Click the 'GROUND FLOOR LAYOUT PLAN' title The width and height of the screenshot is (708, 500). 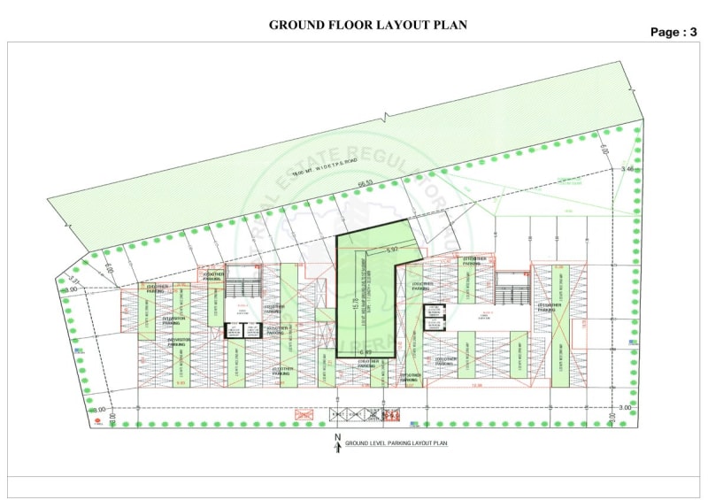point(368,25)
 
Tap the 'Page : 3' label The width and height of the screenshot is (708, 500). point(673,32)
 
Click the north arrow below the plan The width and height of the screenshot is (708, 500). point(337,444)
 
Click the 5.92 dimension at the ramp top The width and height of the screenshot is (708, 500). point(392,250)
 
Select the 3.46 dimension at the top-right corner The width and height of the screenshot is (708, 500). point(627,168)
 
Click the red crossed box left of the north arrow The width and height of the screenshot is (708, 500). point(304,413)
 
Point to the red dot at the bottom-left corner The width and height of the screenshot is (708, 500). point(98,424)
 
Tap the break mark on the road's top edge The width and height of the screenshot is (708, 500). point(385,116)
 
